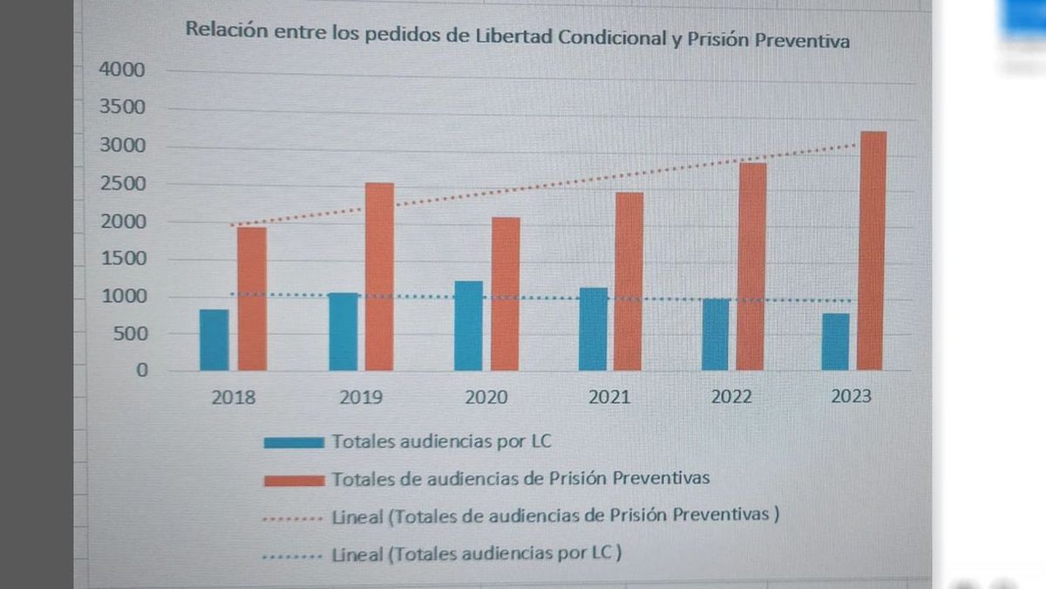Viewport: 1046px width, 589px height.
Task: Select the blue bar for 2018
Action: (x=214, y=339)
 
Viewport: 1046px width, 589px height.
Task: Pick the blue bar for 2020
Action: (x=468, y=325)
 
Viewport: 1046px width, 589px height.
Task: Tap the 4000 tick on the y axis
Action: (x=122, y=70)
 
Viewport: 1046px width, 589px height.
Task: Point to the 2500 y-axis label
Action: (x=122, y=184)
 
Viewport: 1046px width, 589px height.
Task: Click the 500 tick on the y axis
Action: (x=128, y=333)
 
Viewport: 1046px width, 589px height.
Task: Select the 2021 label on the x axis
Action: (x=609, y=397)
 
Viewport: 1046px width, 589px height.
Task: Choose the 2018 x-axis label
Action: (x=234, y=397)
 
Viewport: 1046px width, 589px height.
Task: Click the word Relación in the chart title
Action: (x=218, y=29)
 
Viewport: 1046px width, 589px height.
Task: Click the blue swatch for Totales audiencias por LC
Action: (x=294, y=442)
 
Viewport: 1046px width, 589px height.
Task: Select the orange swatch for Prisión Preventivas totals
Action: (x=294, y=479)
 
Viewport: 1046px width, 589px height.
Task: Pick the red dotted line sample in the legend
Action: (x=294, y=517)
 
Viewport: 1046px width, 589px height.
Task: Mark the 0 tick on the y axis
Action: (x=142, y=370)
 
